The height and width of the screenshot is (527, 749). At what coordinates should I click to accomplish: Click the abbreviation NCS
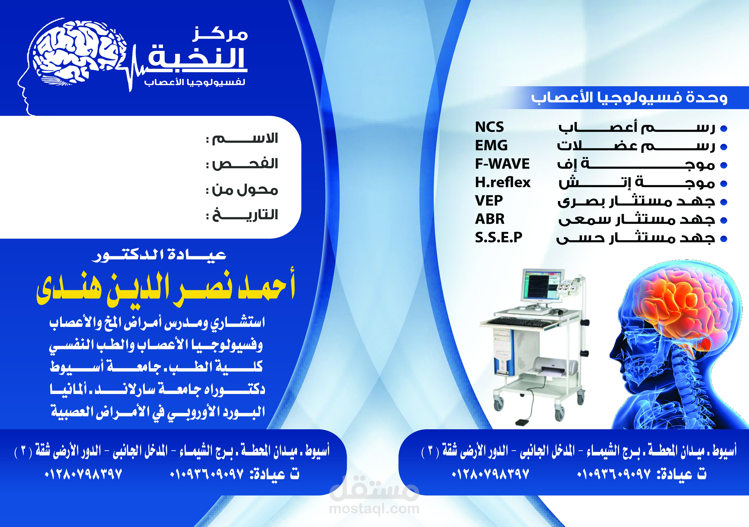[x=489, y=127]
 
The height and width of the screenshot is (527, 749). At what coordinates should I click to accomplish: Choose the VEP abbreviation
[x=489, y=200]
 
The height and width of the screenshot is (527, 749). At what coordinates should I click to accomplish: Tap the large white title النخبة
[x=197, y=58]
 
